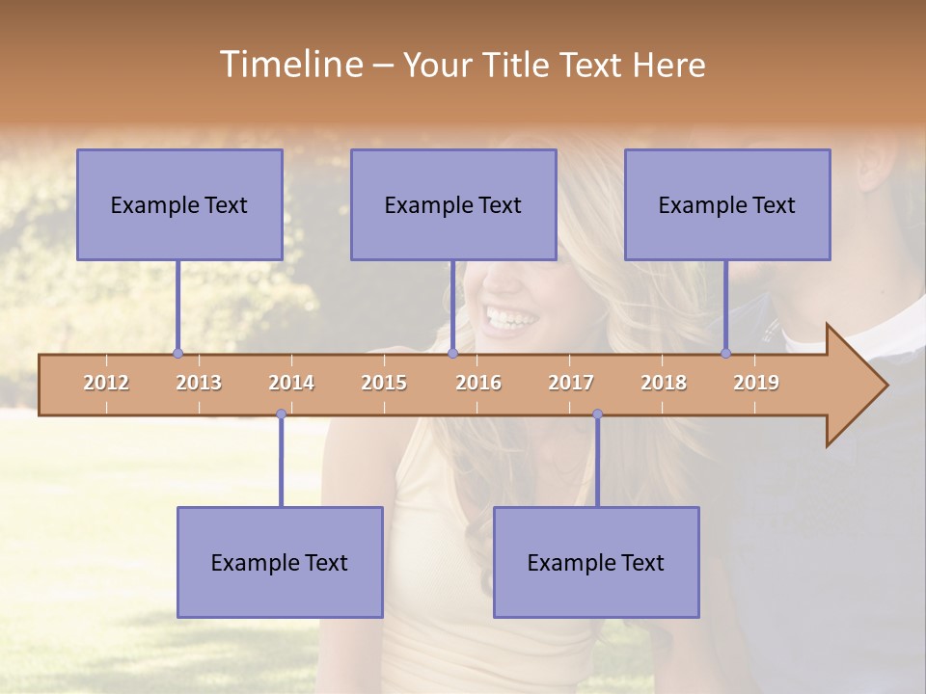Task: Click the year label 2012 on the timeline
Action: tap(106, 383)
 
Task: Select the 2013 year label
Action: tap(199, 383)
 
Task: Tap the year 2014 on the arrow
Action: tap(291, 383)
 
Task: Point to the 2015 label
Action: tap(384, 383)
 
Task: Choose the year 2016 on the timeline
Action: tap(478, 383)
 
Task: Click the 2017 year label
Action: tap(571, 383)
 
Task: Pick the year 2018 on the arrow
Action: tap(664, 383)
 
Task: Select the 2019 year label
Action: tap(756, 383)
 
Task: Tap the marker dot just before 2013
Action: tap(177, 354)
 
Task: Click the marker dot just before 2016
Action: tap(452, 354)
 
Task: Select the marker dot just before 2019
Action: tap(726, 354)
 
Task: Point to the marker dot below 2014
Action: tap(281, 414)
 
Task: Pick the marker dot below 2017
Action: tap(597, 414)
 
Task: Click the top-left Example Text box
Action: tap(179, 204)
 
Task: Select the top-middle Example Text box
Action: tap(453, 204)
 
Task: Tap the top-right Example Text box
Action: tap(727, 204)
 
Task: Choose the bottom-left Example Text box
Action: tap(280, 562)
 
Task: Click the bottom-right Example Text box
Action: tap(596, 562)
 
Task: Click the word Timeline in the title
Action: tap(289, 65)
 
